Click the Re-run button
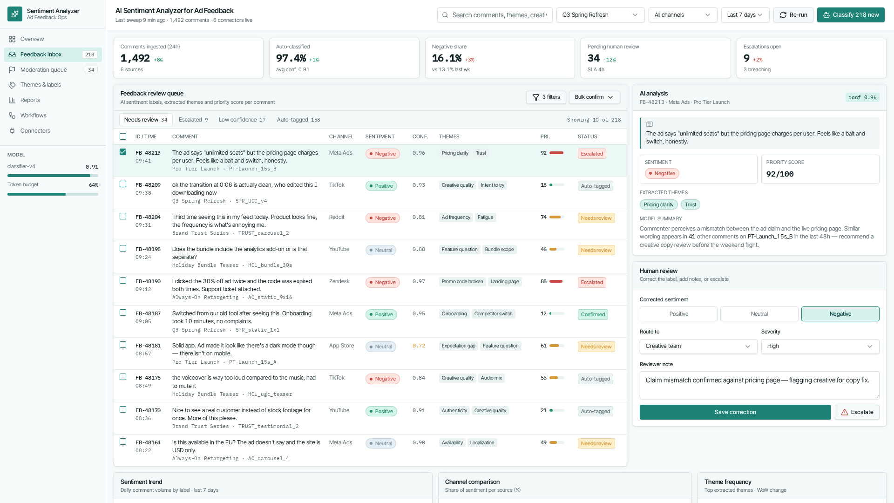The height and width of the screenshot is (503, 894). pos(793,15)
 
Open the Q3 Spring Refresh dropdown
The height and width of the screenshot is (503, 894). pos(600,15)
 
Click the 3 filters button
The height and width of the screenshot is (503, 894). pos(546,97)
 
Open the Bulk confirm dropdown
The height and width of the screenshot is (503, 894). pos(594,97)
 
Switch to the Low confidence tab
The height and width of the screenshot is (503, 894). pos(242,120)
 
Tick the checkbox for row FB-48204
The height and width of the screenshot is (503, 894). pos(123,216)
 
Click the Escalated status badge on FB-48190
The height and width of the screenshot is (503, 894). pos(592,282)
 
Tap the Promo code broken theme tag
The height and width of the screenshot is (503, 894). pos(462,282)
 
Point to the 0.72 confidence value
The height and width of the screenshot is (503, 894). pos(419,346)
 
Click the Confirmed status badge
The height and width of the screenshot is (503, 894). pos(593,314)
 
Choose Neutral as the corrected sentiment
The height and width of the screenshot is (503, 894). pos(759,314)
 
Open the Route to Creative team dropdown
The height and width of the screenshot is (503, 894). pos(698,347)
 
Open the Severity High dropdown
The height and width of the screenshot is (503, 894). pos(820,347)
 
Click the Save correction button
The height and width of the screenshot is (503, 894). pos(735,412)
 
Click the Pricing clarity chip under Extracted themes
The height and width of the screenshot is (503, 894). pos(658,204)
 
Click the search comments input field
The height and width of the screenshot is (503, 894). pos(494,15)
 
